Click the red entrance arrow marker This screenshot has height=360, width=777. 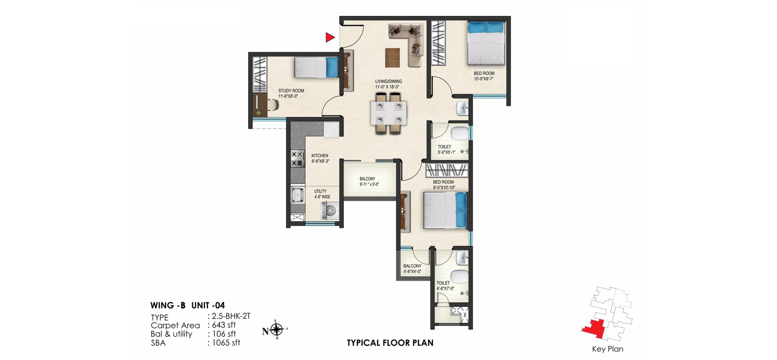(330, 37)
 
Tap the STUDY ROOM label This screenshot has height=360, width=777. (291, 91)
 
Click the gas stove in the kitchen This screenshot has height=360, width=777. (297, 158)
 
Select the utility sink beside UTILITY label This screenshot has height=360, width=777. (297, 195)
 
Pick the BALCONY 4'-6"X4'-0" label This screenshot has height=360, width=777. (412, 269)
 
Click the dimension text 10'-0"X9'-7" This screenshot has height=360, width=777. (483, 79)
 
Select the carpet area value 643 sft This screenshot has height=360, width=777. (224, 325)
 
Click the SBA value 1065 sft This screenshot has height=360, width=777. (226, 343)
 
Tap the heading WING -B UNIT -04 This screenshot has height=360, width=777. (187, 305)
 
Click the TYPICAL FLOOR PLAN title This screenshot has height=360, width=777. (390, 343)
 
